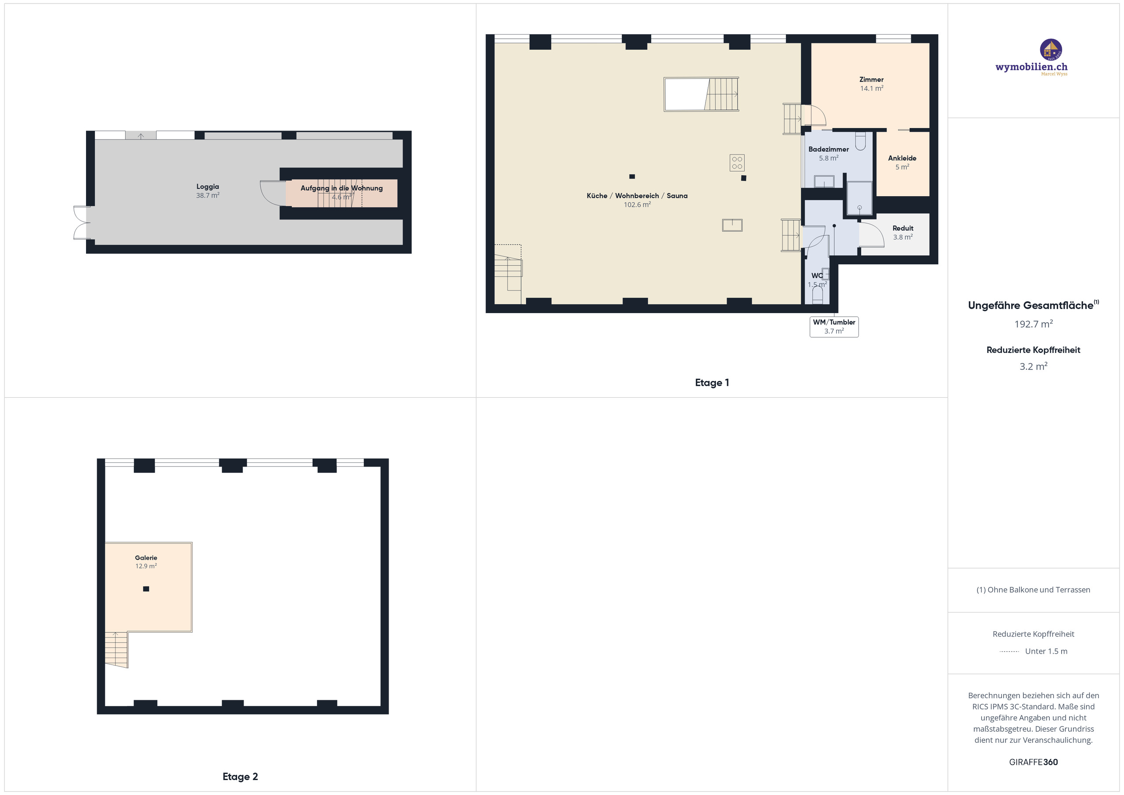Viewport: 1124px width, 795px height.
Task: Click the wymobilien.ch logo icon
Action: click(x=1051, y=50)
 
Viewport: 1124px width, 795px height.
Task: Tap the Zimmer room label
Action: click(x=872, y=79)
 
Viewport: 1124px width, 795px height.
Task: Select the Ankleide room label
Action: click(x=902, y=158)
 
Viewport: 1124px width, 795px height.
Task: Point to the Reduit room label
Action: click(x=903, y=228)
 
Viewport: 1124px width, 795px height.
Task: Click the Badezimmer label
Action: click(x=829, y=149)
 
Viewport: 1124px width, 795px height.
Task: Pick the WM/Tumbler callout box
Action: click(x=834, y=327)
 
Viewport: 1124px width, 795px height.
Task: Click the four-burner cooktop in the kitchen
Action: click(x=737, y=162)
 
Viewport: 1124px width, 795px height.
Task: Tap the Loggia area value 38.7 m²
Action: click(x=208, y=195)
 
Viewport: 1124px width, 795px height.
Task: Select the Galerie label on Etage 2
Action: click(x=146, y=558)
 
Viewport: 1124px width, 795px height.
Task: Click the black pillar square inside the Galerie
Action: click(x=146, y=589)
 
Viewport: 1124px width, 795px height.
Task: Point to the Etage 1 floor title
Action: click(x=712, y=383)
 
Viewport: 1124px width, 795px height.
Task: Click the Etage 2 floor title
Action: click(x=240, y=777)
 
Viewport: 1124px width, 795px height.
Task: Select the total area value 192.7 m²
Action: click(x=1034, y=324)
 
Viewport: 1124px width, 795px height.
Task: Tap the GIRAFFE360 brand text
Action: click(x=1034, y=762)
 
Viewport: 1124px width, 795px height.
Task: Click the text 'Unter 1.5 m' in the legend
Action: click(x=1046, y=651)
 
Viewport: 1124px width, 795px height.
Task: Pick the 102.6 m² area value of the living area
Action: click(x=637, y=205)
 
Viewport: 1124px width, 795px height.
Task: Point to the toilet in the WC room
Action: click(x=817, y=294)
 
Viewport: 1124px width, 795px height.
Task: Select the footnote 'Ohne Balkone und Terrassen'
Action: click(x=1039, y=590)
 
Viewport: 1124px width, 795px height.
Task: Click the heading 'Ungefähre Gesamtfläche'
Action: click(x=1030, y=306)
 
